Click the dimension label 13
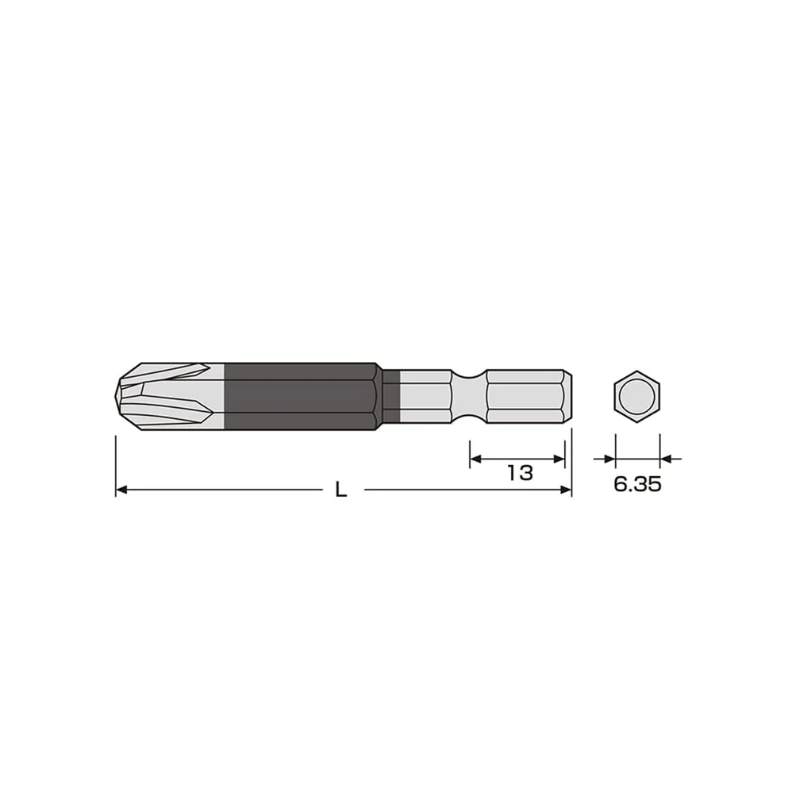coord(521,473)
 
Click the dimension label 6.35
coord(637,484)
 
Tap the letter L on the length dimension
coord(341,490)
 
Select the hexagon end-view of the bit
coord(636,397)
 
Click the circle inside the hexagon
coord(636,397)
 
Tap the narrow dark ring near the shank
coord(391,397)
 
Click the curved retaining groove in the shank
coord(469,397)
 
